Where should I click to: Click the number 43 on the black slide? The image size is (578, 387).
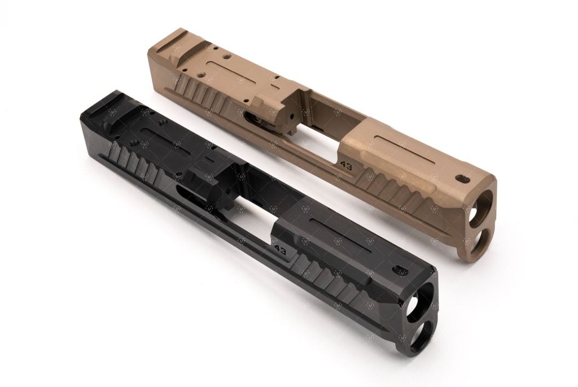[279, 249]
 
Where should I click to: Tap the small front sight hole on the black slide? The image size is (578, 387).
[401, 268]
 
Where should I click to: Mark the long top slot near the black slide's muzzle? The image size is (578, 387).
[339, 233]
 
